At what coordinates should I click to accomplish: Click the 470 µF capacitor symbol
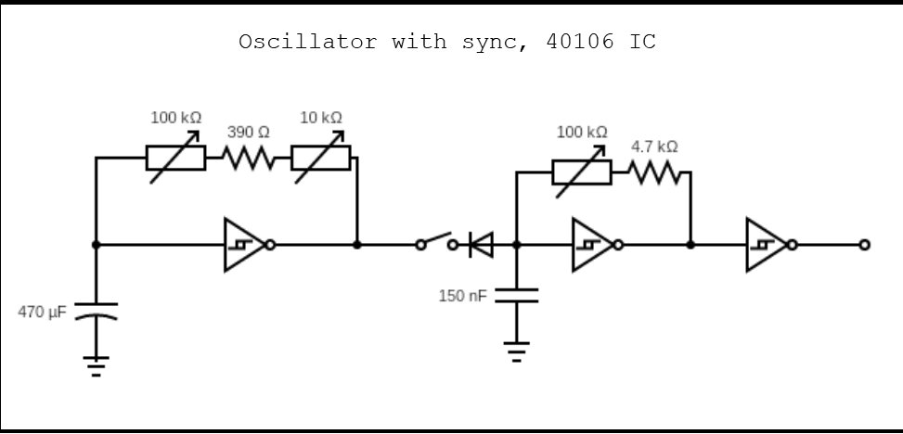[96, 309]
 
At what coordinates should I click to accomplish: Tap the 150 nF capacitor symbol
[517, 295]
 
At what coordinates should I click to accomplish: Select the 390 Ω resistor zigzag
[248, 159]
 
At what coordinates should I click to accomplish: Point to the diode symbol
[482, 245]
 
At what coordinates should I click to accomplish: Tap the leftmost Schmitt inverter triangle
[242, 245]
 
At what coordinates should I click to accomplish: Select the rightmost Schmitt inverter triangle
[766, 245]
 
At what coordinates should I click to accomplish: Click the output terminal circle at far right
[864, 245]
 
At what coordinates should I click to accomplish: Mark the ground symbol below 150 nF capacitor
[517, 351]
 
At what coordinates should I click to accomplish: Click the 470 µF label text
[42, 312]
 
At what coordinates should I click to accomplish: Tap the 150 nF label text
[462, 296]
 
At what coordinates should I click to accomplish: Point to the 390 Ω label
[248, 133]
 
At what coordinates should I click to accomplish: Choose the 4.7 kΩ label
[654, 147]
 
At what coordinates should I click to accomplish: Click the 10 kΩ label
[321, 117]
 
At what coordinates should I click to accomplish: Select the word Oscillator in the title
[308, 42]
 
